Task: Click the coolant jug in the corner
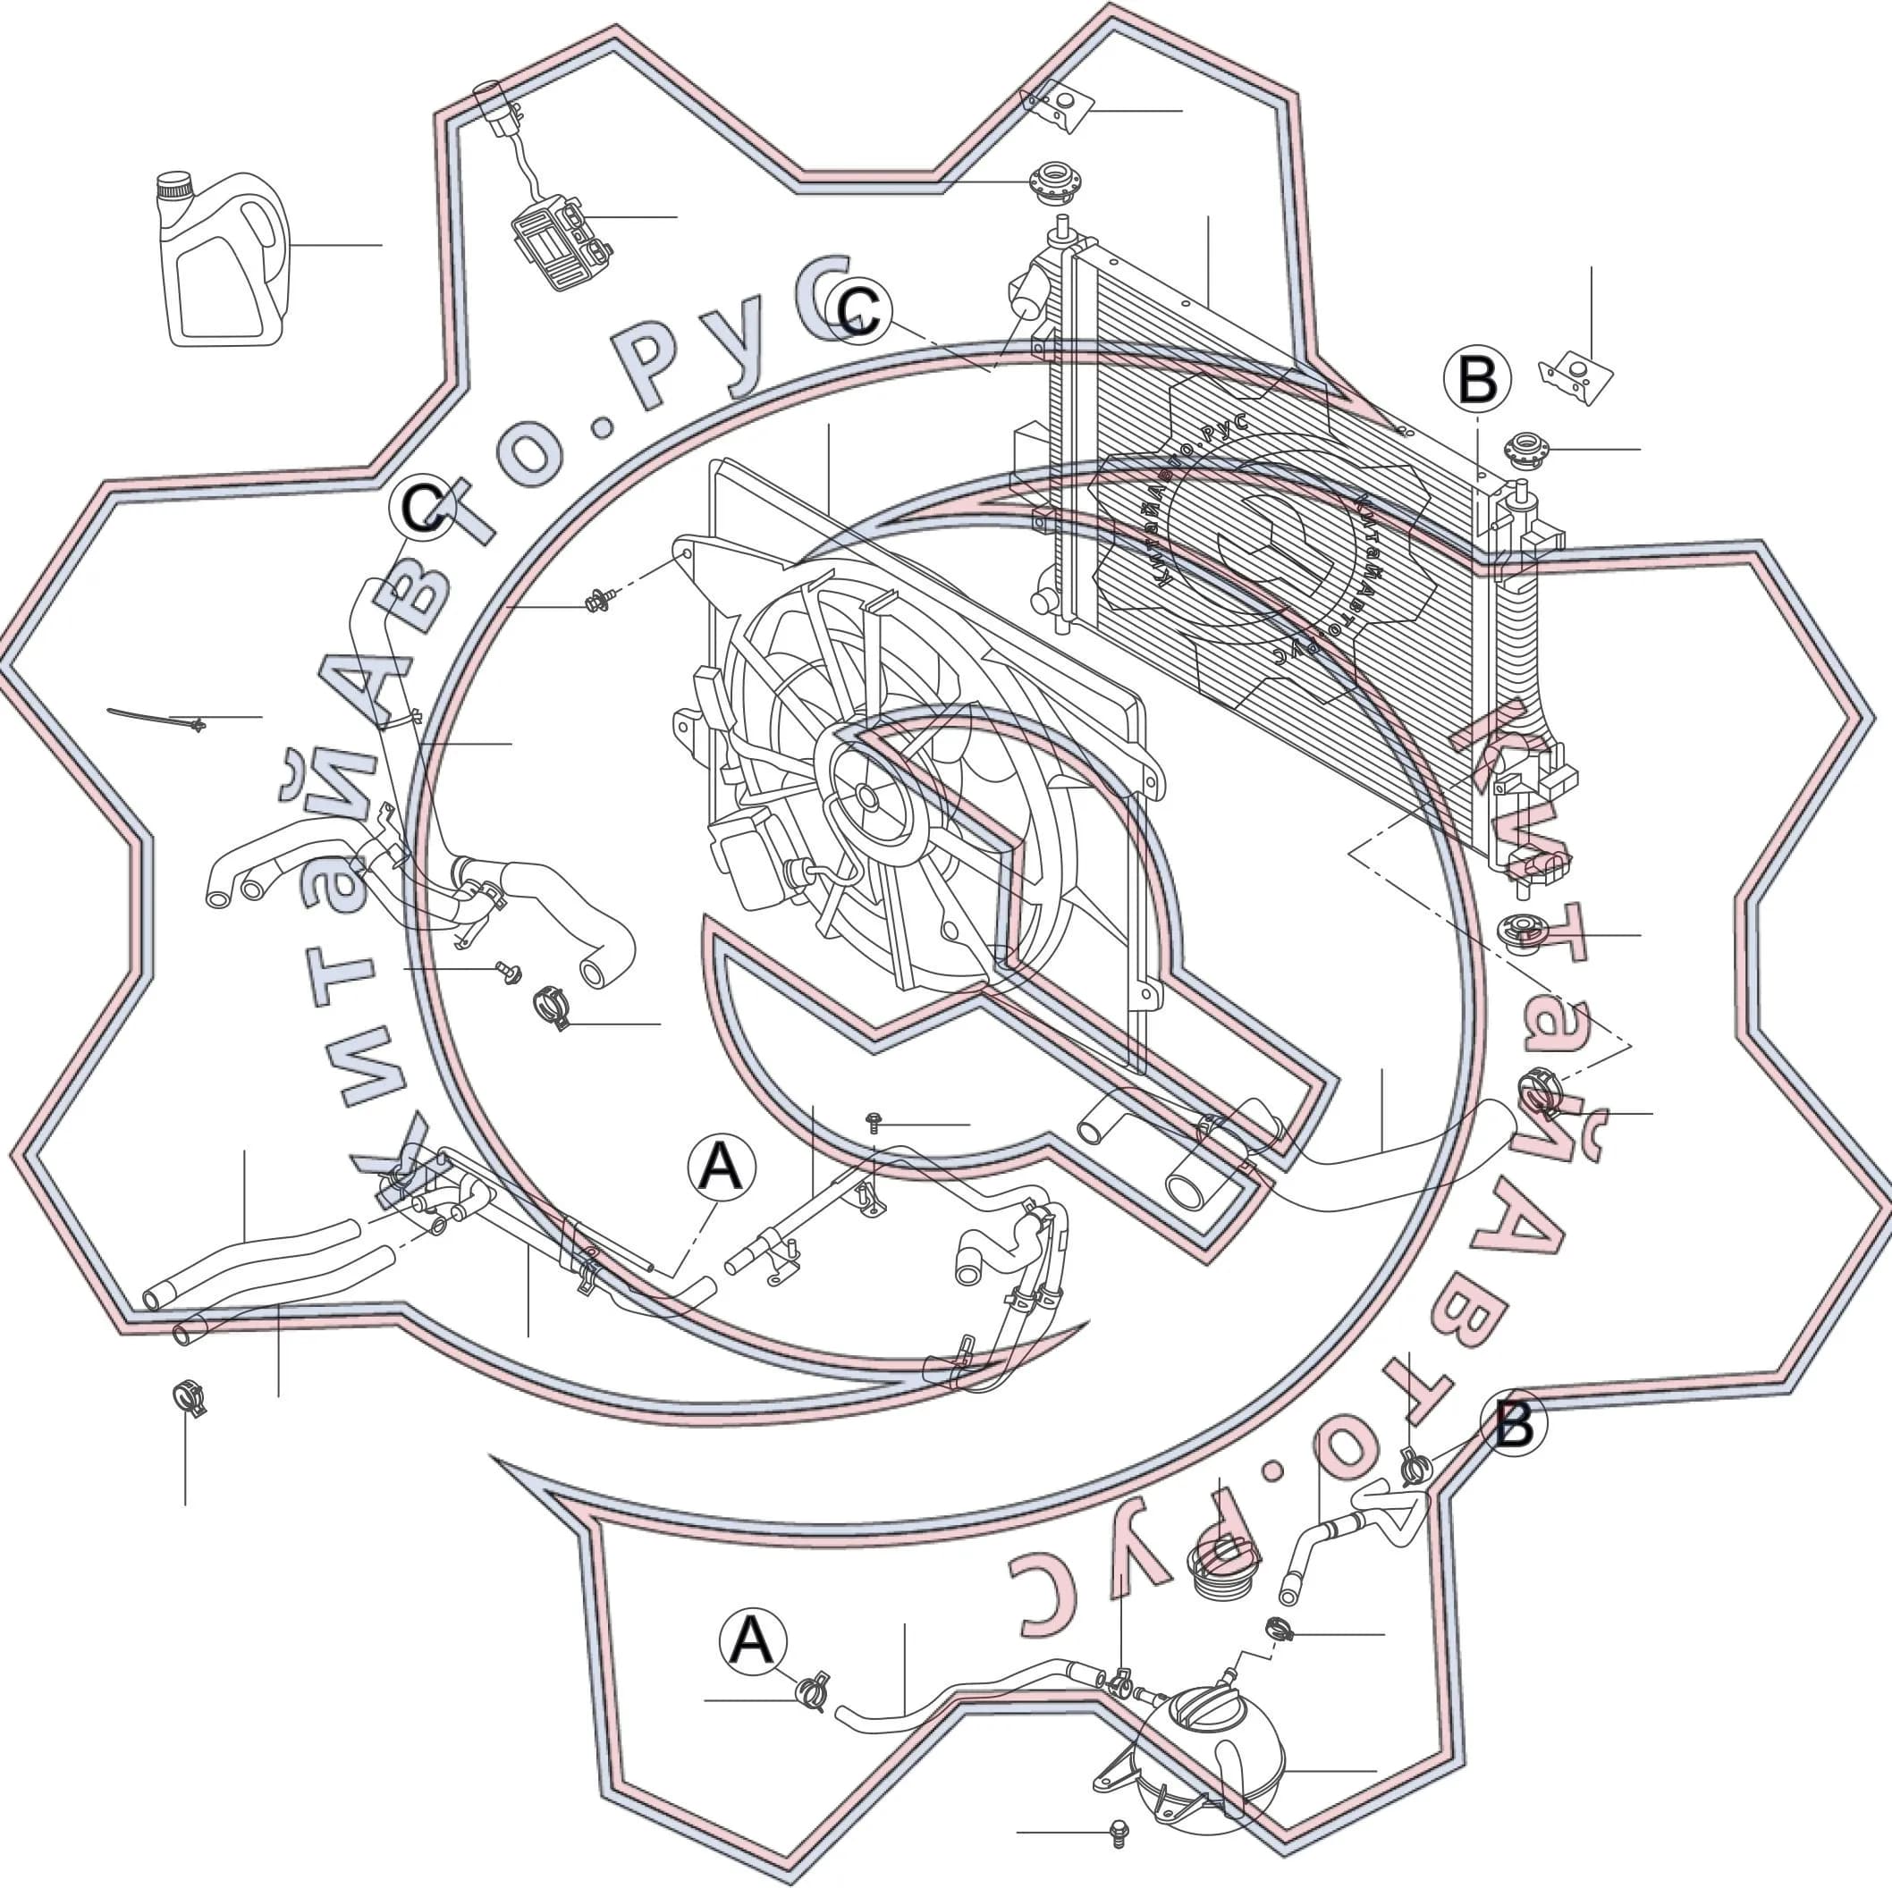224,260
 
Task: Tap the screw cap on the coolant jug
175,185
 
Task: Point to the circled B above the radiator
1477,379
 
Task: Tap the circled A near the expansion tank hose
752,1641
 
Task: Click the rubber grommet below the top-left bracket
1051,182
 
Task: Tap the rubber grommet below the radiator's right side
1524,934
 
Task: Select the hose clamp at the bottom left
189,1397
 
